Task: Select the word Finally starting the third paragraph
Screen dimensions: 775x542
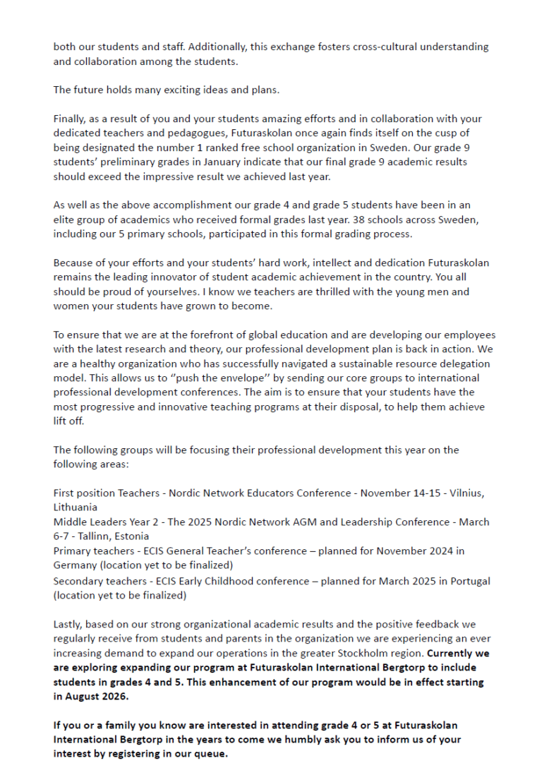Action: click(x=70, y=119)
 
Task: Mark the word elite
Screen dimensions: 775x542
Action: click(x=66, y=220)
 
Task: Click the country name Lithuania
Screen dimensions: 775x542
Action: click(x=75, y=507)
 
